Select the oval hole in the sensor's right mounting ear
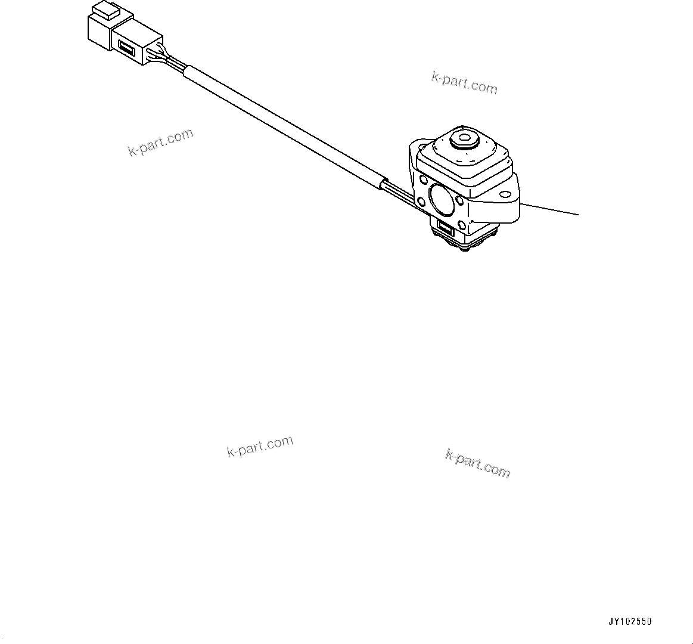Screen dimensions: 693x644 [x=505, y=193]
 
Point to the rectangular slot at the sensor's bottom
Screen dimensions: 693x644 [x=446, y=226]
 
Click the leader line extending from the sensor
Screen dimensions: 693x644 [x=551, y=209]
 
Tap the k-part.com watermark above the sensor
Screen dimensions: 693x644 [x=464, y=83]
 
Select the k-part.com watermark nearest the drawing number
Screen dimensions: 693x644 [x=477, y=463]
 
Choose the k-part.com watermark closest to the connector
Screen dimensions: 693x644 [x=161, y=143]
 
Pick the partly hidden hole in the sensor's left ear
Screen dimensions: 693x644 [x=422, y=179]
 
